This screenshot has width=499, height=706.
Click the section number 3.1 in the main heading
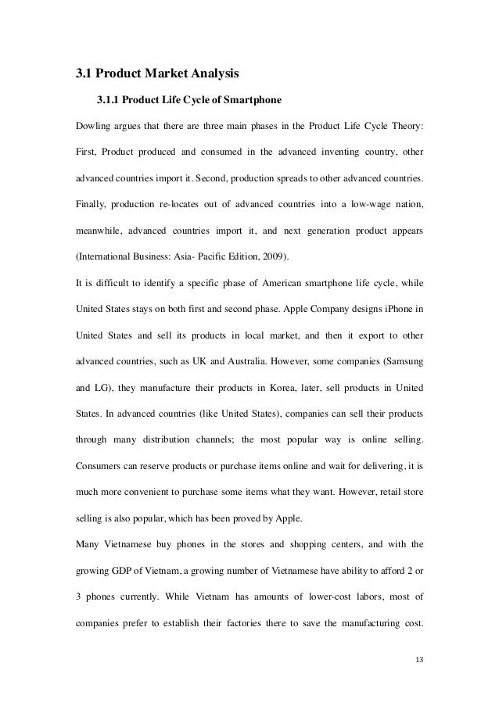[x=84, y=75]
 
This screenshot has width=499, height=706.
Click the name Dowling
[x=94, y=127]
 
